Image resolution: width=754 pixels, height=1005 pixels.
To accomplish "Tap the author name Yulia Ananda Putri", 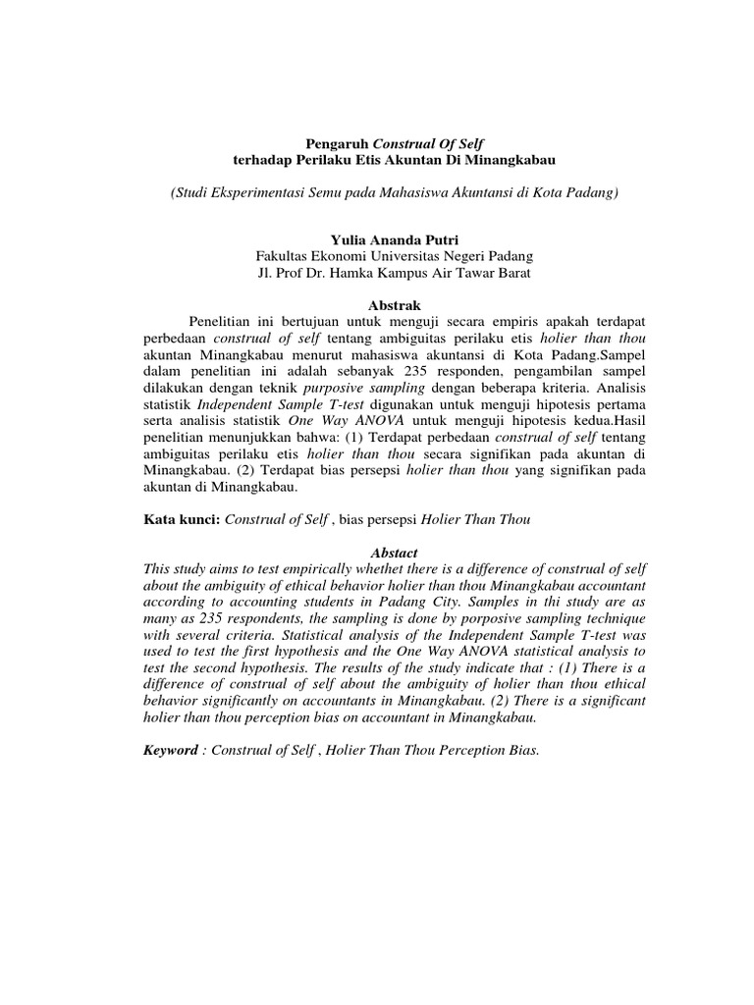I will (378, 238).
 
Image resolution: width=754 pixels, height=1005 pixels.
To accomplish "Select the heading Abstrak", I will (378, 305).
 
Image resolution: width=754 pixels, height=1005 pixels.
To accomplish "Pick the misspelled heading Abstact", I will (378, 554).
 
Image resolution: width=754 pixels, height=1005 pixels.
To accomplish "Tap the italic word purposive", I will (307, 389).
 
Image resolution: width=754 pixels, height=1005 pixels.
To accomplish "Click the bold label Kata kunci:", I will (182, 519).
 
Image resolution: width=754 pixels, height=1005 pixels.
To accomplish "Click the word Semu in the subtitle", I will (338, 193).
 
